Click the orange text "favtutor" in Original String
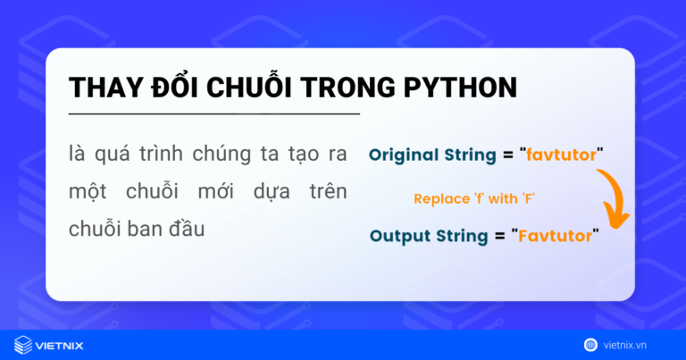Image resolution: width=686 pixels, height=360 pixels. [x=560, y=154]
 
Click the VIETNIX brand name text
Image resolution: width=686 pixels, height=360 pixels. [x=64, y=344]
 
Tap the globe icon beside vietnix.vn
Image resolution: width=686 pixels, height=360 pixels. [x=590, y=344]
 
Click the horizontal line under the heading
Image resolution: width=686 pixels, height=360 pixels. [x=214, y=114]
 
